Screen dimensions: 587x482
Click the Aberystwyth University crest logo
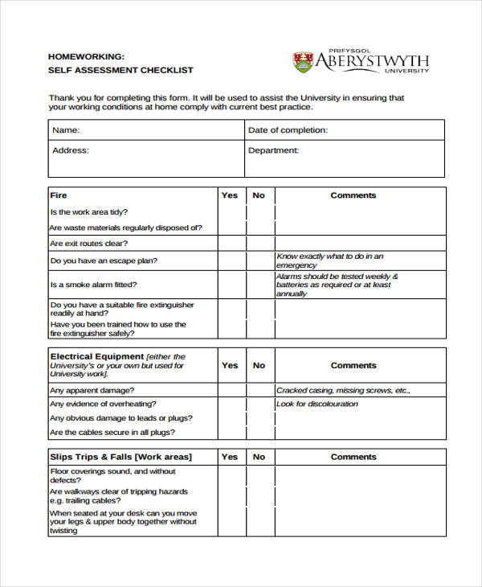[x=303, y=61]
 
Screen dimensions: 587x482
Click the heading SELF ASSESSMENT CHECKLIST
[x=120, y=70]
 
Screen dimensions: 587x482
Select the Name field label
[x=66, y=130]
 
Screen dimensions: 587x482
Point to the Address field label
[x=70, y=150]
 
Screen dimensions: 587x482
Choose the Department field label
[x=273, y=150]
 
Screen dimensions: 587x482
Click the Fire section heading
[x=59, y=195]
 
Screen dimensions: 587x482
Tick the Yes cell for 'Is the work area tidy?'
[x=231, y=212]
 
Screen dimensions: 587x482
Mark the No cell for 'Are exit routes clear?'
[x=259, y=244]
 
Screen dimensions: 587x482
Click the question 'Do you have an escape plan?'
[x=104, y=261]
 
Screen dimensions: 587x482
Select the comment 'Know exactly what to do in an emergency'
[x=329, y=261]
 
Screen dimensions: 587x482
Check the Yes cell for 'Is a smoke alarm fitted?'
[x=231, y=285]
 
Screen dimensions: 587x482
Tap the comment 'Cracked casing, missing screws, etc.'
[x=343, y=391]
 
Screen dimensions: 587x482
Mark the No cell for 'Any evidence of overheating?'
[x=259, y=404]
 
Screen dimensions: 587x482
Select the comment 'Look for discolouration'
[x=317, y=404]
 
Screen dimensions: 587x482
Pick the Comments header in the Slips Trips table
[x=353, y=457]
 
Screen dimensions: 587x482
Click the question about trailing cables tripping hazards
[x=118, y=496]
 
